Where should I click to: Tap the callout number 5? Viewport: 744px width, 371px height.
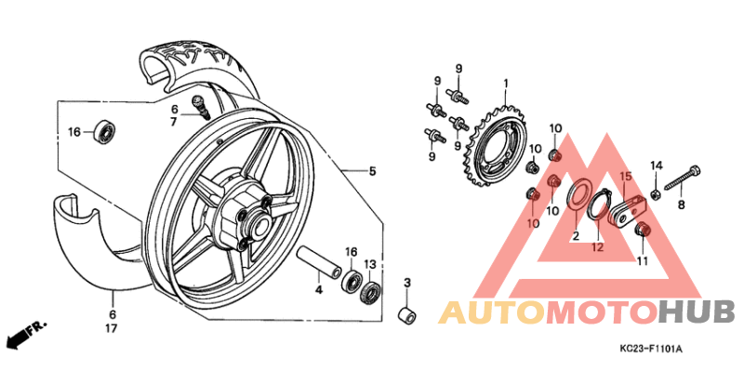(372, 171)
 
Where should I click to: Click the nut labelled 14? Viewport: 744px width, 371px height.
(656, 193)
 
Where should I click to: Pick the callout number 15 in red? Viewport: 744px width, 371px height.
(626, 177)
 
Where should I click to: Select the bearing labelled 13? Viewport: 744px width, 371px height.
(371, 293)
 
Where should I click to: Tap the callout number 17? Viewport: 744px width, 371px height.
(111, 328)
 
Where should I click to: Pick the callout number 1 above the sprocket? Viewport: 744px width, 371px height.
(506, 84)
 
